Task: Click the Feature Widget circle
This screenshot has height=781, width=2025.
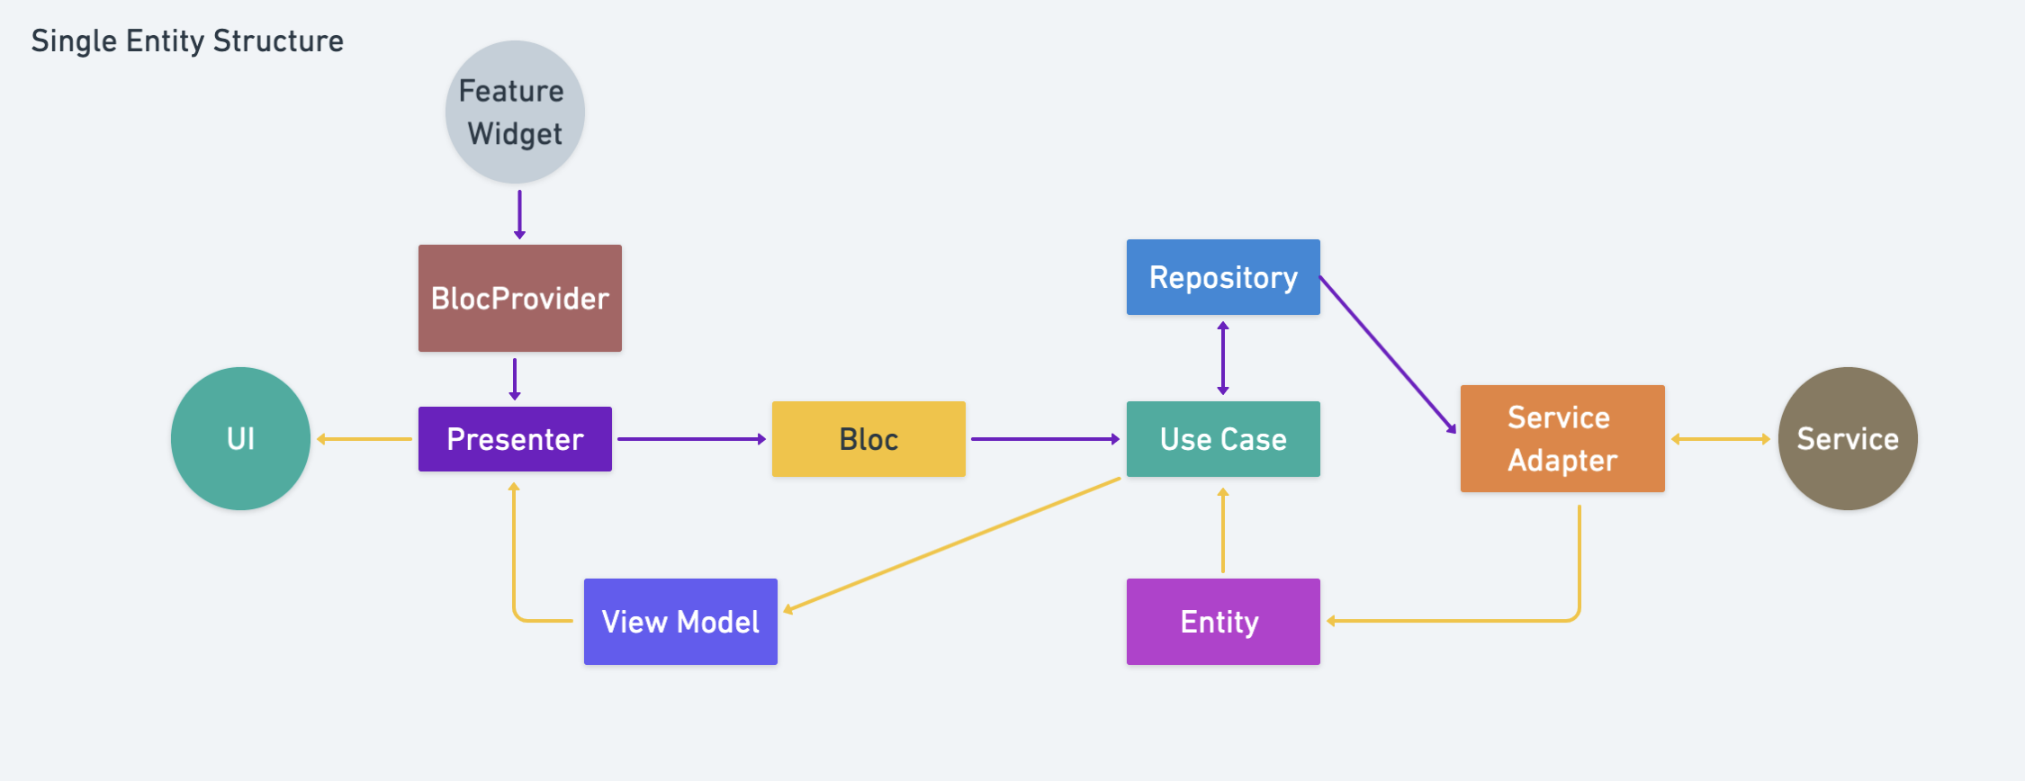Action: (x=515, y=112)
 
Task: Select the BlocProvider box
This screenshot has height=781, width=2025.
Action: (x=519, y=298)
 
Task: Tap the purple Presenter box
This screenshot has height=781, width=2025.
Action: (x=515, y=439)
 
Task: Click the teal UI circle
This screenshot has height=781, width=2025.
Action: (x=240, y=439)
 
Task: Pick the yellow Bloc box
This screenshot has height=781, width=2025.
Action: (x=868, y=439)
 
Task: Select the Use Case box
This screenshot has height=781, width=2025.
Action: (x=1223, y=439)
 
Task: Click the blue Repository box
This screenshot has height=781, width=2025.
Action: (x=1223, y=277)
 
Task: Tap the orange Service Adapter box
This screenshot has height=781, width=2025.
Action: (x=1562, y=439)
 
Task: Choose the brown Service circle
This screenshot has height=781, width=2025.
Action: (x=1848, y=439)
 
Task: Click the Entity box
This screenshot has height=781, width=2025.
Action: (x=1223, y=622)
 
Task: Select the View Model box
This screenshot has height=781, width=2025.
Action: (x=680, y=622)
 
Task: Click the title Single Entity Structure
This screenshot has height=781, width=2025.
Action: (x=187, y=41)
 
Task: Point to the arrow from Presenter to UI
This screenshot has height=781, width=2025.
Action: (x=364, y=439)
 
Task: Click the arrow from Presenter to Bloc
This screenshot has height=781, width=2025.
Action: (x=691, y=439)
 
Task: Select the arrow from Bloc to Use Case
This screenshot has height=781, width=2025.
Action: (x=1045, y=439)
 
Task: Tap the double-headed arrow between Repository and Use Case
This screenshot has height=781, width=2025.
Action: (x=1223, y=358)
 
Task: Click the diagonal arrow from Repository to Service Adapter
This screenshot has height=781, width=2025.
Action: (x=1387, y=354)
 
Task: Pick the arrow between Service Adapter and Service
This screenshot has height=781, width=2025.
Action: (x=1721, y=439)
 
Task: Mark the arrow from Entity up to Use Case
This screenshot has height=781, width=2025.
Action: (x=1223, y=531)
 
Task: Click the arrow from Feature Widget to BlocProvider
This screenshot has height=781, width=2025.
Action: (x=519, y=214)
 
